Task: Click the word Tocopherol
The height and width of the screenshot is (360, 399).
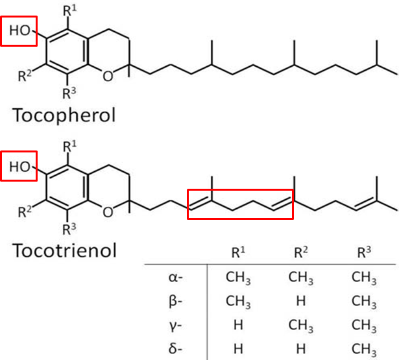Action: [64, 115]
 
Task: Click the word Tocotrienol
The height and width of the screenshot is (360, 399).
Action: [64, 250]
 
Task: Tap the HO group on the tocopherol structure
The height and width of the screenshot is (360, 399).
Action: [20, 30]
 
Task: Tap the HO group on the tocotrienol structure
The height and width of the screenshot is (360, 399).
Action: [20, 167]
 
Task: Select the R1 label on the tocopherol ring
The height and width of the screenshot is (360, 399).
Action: [69, 10]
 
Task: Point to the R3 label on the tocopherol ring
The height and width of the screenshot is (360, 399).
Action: [69, 93]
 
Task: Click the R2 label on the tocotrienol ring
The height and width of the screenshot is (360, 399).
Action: [25, 211]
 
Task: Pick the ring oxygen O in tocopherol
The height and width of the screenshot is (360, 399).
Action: [108, 76]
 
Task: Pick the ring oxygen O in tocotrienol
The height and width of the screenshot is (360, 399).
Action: [108, 212]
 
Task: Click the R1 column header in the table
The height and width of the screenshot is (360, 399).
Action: [238, 252]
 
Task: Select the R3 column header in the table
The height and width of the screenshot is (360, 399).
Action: [364, 252]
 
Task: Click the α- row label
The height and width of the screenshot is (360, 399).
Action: [176, 278]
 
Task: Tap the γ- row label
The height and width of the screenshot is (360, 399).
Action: [175, 326]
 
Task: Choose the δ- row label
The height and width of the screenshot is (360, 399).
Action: [175, 348]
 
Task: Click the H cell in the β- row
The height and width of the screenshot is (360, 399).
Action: [301, 301]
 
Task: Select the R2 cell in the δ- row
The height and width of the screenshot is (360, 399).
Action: [301, 349]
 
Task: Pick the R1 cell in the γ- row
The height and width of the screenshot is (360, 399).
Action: [238, 325]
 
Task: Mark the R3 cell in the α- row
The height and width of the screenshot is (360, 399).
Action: [364, 278]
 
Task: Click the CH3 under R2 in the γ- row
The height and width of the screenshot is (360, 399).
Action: [301, 326]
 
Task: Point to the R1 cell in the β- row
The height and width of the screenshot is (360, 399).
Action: [238, 302]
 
